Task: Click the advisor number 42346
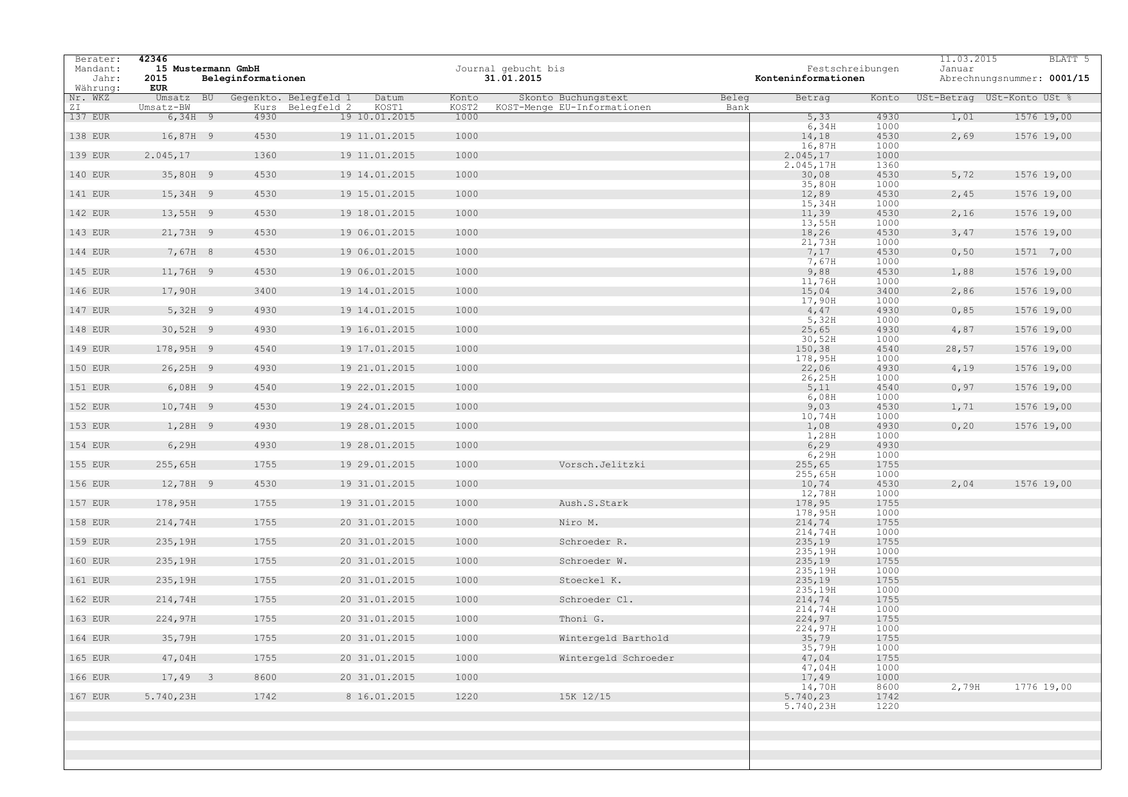click(x=153, y=59)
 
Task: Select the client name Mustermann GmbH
click(x=216, y=69)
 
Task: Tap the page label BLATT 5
click(x=1069, y=59)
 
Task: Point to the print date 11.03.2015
click(x=968, y=59)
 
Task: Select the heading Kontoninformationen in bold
click(x=810, y=78)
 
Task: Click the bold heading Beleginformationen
click(x=253, y=78)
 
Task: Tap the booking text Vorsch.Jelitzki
click(x=602, y=465)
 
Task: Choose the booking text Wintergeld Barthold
click(x=614, y=638)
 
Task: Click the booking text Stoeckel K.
click(x=590, y=580)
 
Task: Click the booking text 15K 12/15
click(x=585, y=697)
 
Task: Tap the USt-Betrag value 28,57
click(x=962, y=349)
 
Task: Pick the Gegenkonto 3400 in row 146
click(x=265, y=291)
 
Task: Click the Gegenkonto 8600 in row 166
click(x=265, y=677)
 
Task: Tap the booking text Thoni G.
click(x=581, y=619)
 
